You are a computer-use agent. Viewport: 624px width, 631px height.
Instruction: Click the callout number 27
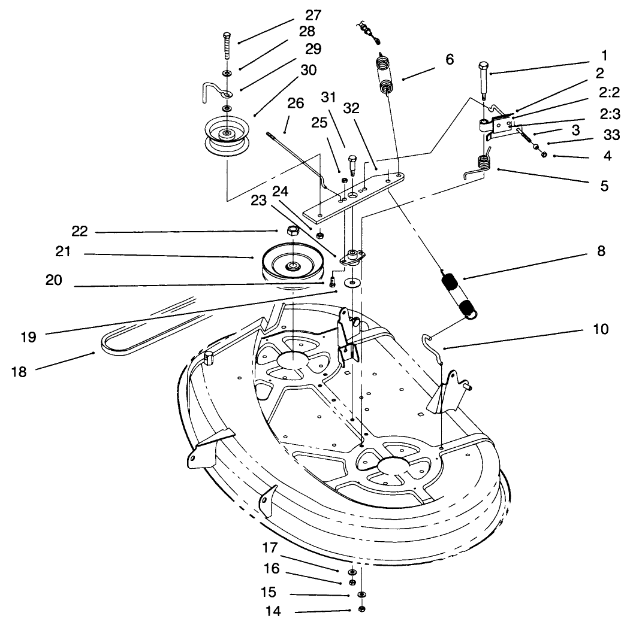(313, 15)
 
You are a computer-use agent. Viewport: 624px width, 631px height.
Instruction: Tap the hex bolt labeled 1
(483, 80)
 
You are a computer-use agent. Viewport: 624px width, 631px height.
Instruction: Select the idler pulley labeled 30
(227, 136)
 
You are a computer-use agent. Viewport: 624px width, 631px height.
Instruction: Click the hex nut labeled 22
(293, 231)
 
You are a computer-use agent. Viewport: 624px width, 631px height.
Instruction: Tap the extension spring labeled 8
(458, 294)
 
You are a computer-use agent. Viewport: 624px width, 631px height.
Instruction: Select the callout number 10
(600, 329)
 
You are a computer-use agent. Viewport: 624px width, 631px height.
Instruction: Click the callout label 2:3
(610, 114)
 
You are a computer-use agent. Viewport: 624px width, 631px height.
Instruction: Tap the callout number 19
(28, 337)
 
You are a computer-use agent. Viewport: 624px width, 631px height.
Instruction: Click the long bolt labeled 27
(227, 45)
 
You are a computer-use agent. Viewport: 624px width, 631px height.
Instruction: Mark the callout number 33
(611, 135)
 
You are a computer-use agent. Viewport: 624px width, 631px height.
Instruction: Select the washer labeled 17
(351, 572)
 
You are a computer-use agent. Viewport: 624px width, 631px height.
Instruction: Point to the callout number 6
(450, 59)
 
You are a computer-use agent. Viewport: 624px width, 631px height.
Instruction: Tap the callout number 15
(269, 592)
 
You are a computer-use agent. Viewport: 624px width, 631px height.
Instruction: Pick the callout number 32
(351, 108)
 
